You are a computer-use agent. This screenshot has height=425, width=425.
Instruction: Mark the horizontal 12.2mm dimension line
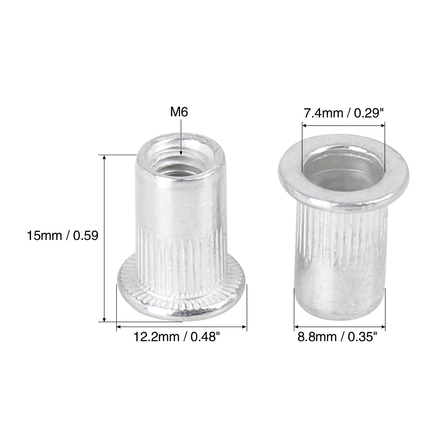182,327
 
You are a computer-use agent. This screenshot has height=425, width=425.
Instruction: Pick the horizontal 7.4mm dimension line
343,125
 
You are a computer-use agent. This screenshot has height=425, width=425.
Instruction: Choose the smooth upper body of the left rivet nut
181,201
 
